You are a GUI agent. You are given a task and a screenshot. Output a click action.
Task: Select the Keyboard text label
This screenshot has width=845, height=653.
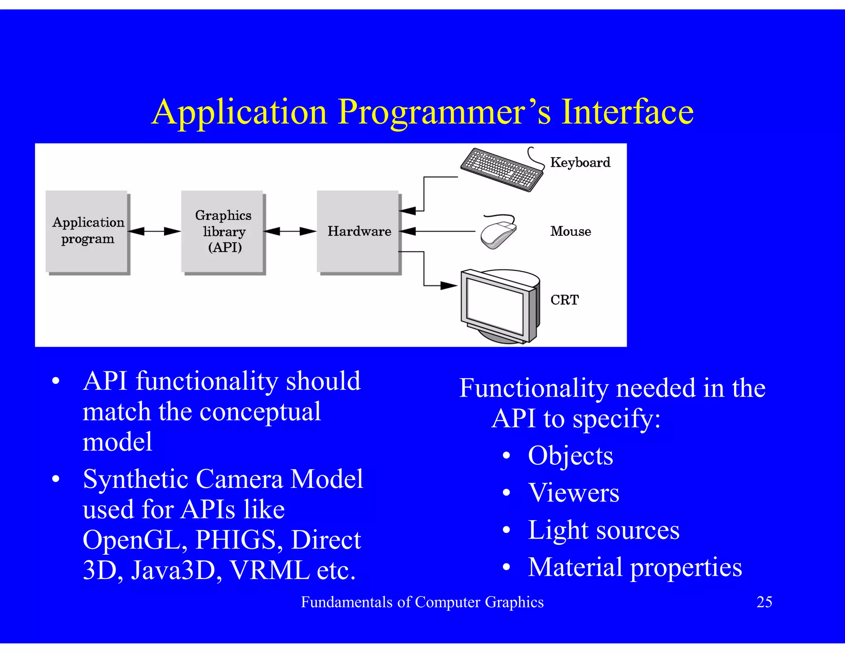click(580, 162)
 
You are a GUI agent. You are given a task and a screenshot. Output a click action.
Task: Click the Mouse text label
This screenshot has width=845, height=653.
click(570, 231)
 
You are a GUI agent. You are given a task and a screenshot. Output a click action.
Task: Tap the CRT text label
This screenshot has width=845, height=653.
click(564, 300)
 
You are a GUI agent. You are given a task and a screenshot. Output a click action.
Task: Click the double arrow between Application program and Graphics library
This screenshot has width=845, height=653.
click(154, 231)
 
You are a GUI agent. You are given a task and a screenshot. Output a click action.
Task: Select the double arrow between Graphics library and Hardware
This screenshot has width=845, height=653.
click(290, 231)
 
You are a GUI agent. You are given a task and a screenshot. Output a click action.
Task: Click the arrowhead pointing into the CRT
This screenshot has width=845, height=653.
click(449, 285)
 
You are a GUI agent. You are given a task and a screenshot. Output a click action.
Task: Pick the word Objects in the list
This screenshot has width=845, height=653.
click(570, 456)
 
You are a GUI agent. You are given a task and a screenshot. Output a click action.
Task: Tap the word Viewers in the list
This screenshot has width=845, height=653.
click(574, 493)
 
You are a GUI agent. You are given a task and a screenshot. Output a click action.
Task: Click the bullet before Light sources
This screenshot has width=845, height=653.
click(506, 530)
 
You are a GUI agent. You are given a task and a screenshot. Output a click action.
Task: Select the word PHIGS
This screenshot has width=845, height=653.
click(236, 539)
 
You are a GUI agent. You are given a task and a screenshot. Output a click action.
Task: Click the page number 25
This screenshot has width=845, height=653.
click(764, 602)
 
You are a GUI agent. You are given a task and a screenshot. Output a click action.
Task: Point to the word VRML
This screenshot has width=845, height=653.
click(270, 570)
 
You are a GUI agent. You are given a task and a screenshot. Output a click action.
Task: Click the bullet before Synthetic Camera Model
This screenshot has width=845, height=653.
click(56, 479)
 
